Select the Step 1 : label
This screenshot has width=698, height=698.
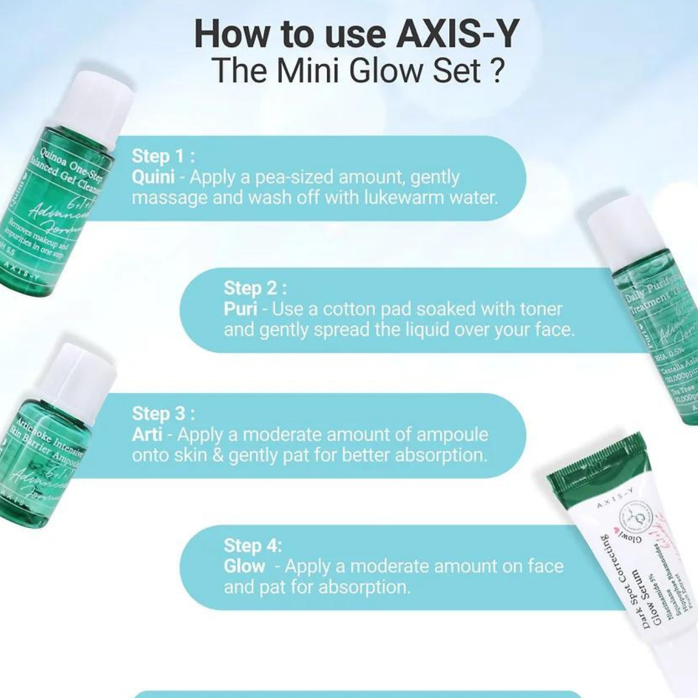pyautogui.click(x=163, y=156)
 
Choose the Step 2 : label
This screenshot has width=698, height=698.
pyautogui.click(x=255, y=288)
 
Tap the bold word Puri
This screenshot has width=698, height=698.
pyautogui.click(x=241, y=309)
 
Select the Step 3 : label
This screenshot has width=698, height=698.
pyautogui.click(x=163, y=414)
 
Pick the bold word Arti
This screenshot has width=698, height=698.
pyautogui.click(x=147, y=434)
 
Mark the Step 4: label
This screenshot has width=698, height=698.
pyautogui.click(x=253, y=545)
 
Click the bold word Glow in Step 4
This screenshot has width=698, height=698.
pyautogui.click(x=244, y=566)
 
